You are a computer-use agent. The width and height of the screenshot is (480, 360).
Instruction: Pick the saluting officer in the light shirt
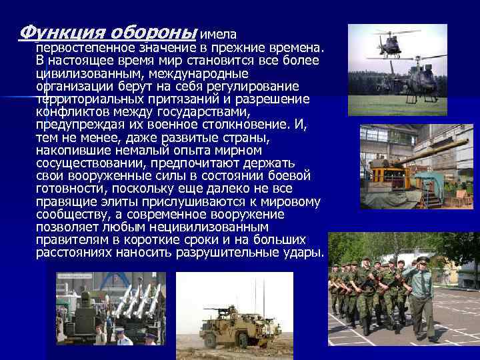click(x=421, y=293)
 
